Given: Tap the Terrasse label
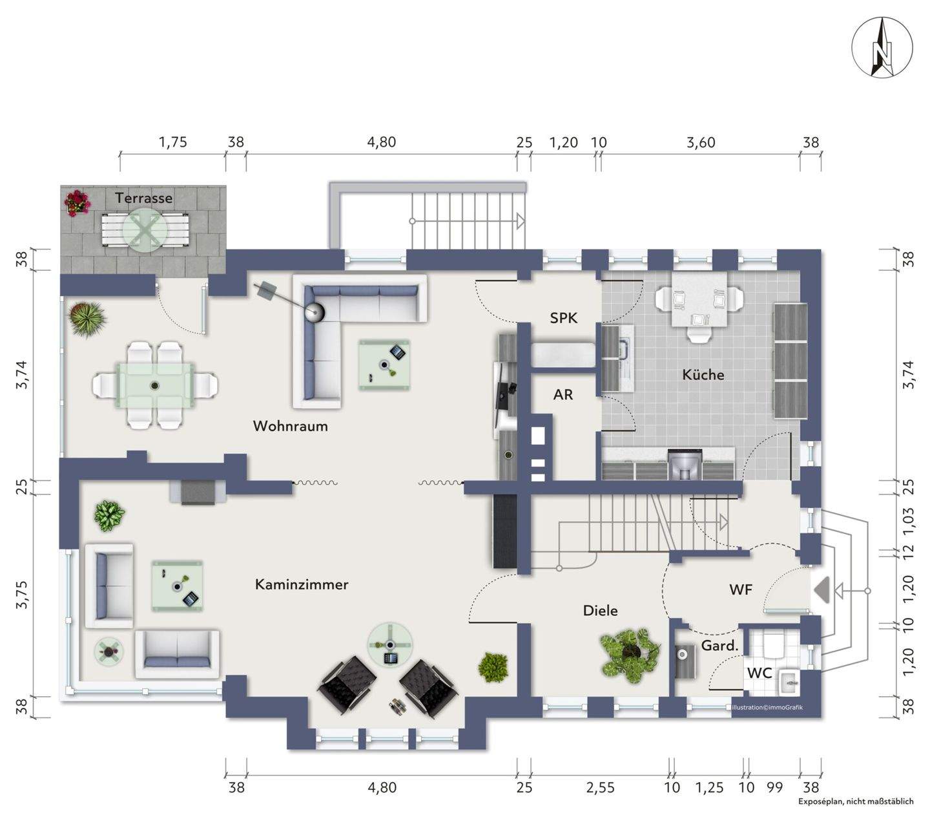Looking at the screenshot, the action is pyautogui.click(x=144, y=198).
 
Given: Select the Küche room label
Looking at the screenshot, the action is pyautogui.click(x=703, y=374).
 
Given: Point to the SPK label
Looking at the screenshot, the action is pyautogui.click(x=563, y=318).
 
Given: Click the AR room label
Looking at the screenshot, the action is pyautogui.click(x=563, y=394).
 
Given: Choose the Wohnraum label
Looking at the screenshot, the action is pyautogui.click(x=290, y=426).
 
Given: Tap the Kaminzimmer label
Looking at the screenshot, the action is pyautogui.click(x=302, y=584).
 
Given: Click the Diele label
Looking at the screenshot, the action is pyautogui.click(x=601, y=610).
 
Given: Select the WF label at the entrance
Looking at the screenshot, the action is pyautogui.click(x=740, y=589).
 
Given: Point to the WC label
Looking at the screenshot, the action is pyautogui.click(x=759, y=672).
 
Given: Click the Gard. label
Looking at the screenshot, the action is pyautogui.click(x=719, y=645).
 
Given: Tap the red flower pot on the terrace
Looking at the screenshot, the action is pyautogui.click(x=77, y=203).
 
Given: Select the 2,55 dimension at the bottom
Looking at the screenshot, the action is pyautogui.click(x=601, y=787).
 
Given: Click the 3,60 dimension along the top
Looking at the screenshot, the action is pyautogui.click(x=701, y=142).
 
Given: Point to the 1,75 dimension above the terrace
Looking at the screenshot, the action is pyautogui.click(x=172, y=142).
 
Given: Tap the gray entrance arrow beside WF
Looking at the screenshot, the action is pyautogui.click(x=821, y=591).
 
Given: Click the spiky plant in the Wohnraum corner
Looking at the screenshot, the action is pyautogui.click(x=87, y=319).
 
